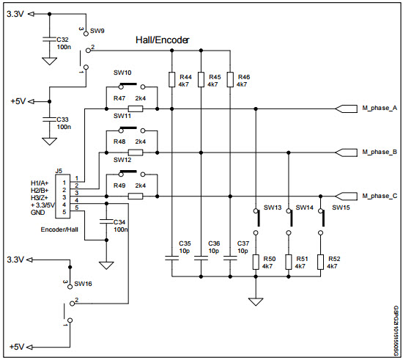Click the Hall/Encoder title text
(x=163, y=40)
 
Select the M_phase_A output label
(x=379, y=109)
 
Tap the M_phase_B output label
(x=379, y=153)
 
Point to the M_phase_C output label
(x=379, y=196)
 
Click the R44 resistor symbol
(x=171, y=81)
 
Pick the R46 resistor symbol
(x=229, y=81)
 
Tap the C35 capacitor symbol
(x=171, y=257)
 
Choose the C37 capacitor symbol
(x=229, y=257)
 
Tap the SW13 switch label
(x=273, y=207)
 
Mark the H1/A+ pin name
(x=39, y=182)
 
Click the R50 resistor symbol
(x=257, y=262)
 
